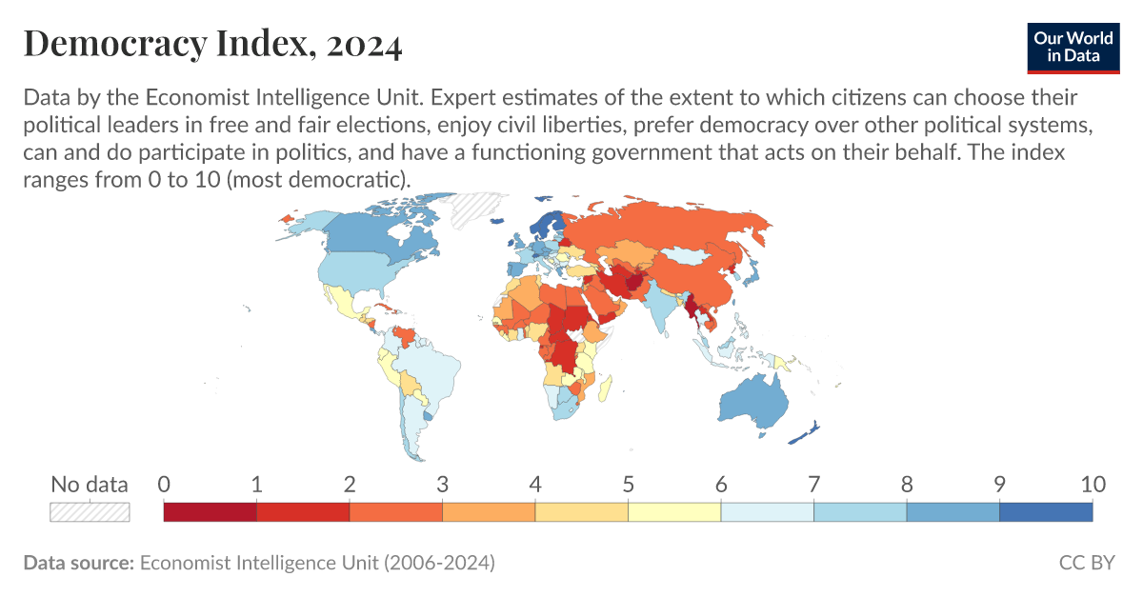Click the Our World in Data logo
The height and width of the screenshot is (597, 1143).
click(1073, 45)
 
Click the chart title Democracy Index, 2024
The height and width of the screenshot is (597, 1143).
click(211, 44)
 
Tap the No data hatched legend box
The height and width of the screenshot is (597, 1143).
click(90, 511)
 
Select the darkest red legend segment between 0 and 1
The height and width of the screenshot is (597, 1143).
click(211, 511)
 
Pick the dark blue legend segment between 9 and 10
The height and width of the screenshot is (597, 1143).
click(1045, 511)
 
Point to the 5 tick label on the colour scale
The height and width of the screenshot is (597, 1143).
click(629, 485)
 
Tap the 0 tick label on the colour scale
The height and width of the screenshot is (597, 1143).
click(164, 485)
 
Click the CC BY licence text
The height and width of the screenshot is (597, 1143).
click(1086, 563)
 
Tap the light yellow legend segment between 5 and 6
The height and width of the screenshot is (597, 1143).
click(674, 511)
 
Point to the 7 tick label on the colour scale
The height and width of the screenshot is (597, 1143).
click(814, 485)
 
